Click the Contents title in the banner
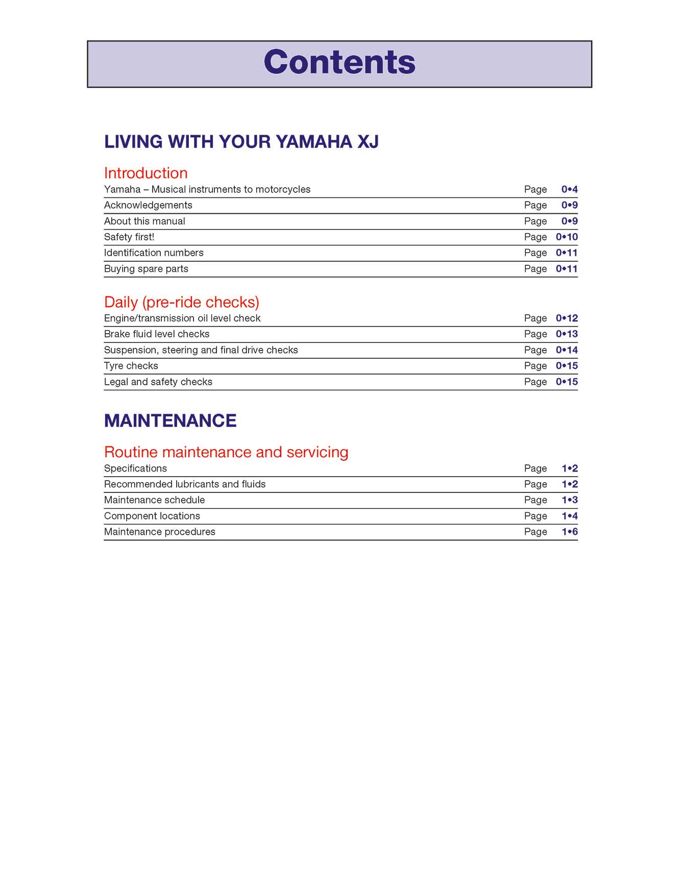339,62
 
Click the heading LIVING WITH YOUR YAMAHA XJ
241,142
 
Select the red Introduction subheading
145,173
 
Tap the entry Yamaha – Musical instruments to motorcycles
207,189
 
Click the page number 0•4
569,189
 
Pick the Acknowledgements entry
148,205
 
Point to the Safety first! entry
129,237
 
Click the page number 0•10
567,237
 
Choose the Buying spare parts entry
146,269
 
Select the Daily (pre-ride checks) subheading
181,302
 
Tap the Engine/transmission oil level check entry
182,318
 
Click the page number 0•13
567,334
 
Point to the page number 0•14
567,350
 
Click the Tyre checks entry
131,366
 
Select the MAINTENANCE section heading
170,421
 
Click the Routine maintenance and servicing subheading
226,452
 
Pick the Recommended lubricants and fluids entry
185,484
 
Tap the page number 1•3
569,500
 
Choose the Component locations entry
152,516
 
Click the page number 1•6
569,532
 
